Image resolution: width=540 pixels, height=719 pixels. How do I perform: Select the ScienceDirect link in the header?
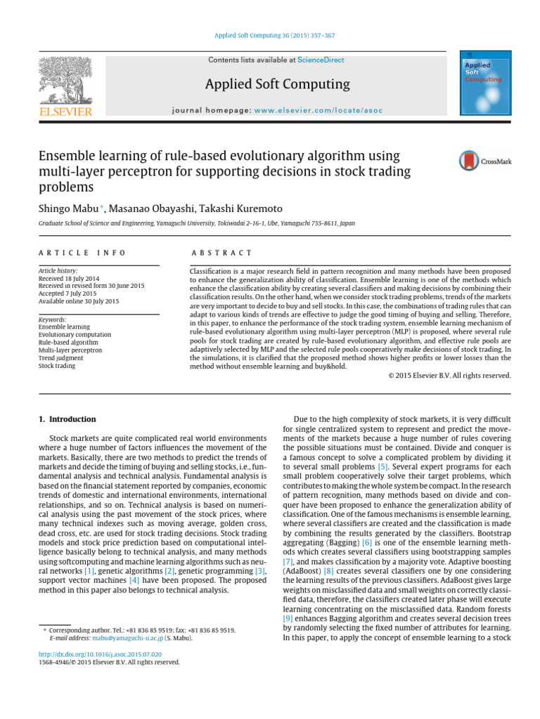pos(321,60)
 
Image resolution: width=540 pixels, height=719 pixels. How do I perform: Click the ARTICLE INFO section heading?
pos(82,253)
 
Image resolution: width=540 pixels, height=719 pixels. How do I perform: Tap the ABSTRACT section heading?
pos(221,253)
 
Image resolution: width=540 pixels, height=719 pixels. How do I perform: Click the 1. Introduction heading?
pos(67,419)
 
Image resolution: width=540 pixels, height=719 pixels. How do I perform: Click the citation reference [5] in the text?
pos(382,466)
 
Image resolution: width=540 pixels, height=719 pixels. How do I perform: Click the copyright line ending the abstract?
pos(449,375)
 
